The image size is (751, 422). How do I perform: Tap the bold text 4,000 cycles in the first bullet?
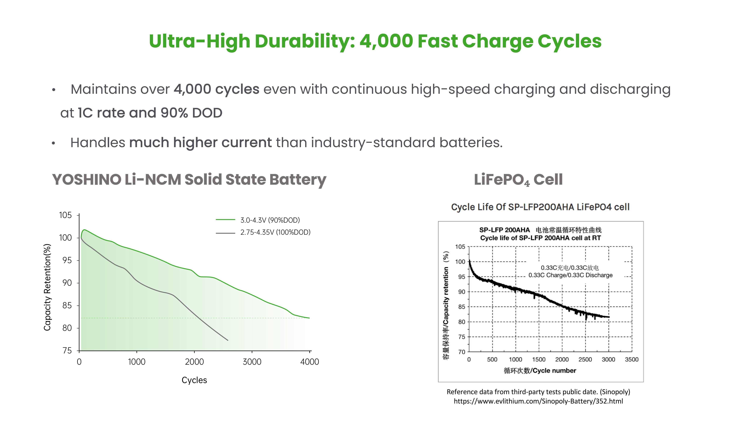216,89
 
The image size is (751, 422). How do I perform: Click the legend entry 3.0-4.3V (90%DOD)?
270,220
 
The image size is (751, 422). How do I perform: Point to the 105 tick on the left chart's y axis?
65,215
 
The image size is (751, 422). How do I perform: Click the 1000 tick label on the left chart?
136,362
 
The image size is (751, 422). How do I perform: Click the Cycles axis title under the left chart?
194,380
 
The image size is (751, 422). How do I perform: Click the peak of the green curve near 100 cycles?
84,230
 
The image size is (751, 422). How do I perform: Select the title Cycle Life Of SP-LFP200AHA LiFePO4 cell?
540,207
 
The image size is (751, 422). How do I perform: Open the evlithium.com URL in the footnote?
538,401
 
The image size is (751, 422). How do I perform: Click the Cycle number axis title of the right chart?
540,371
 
